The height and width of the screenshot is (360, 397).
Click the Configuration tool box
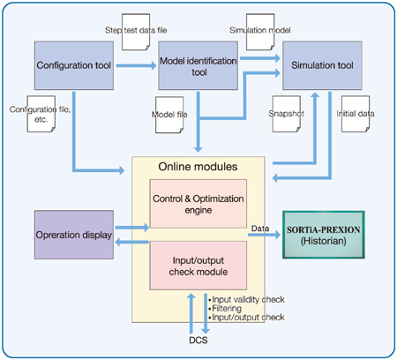tap(74, 65)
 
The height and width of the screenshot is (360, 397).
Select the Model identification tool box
tap(198, 65)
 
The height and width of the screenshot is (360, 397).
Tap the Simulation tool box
tap(322, 65)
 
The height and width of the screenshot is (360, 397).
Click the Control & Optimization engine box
tap(198, 204)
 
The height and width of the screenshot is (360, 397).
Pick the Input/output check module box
tap(198, 266)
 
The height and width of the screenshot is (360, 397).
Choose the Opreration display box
tap(74, 235)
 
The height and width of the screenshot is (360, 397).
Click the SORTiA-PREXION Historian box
tap(324, 235)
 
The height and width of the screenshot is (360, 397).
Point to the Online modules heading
tap(198, 167)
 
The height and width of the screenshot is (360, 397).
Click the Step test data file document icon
tap(136, 32)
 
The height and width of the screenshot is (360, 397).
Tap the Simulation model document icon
tap(260, 32)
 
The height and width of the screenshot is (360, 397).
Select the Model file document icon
tap(169, 115)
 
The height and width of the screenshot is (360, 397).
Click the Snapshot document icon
tap(287, 114)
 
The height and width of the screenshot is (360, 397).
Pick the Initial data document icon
tap(356, 114)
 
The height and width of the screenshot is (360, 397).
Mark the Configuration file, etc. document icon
tap(41, 114)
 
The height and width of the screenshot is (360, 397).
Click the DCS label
tap(198, 341)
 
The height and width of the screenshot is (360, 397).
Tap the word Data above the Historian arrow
tap(260, 229)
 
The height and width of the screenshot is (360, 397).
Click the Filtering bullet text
tap(225, 309)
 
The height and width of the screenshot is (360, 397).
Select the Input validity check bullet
tap(246, 300)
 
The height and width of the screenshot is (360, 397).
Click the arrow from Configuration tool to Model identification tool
tap(136, 65)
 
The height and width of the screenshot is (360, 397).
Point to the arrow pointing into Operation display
tap(131, 242)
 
